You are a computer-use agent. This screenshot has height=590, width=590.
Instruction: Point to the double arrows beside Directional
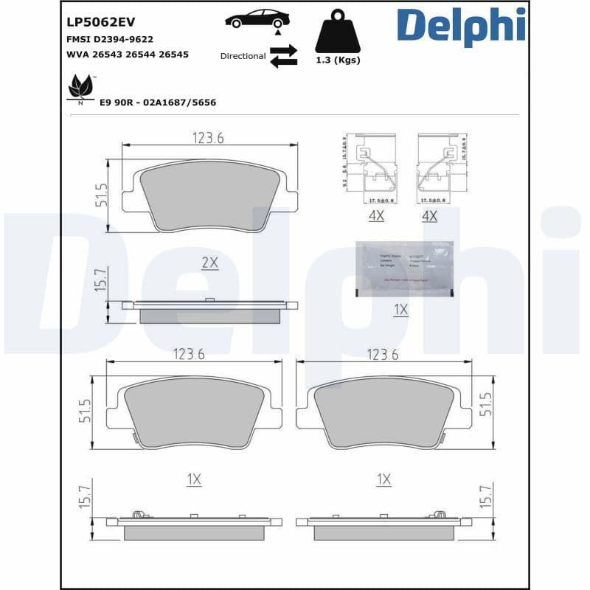pos(283,56)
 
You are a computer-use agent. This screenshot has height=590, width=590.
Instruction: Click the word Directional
pos(243,56)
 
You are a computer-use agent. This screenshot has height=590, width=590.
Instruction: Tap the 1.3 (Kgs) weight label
pos(337,60)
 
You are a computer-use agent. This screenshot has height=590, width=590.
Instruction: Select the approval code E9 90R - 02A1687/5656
pos(157,103)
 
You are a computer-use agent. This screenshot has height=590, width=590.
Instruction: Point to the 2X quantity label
pos(210,262)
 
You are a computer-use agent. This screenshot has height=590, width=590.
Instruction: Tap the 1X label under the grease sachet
pos(400,310)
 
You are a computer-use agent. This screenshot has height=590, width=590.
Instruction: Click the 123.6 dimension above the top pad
pos(208,138)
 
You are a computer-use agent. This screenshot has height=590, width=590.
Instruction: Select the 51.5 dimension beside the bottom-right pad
pos(486,405)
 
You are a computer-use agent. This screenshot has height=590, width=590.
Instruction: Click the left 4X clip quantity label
pos(376,216)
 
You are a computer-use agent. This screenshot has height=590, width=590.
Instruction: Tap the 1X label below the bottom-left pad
pos(193,479)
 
